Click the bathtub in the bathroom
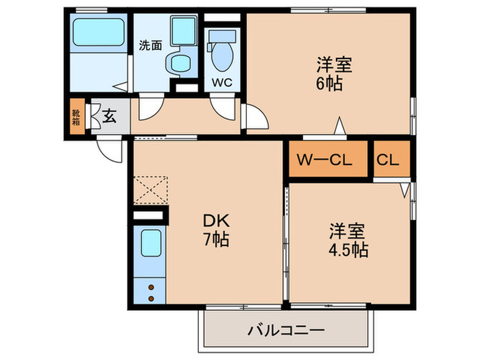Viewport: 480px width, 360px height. (x=98, y=31)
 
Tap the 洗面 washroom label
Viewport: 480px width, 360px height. (x=151, y=45)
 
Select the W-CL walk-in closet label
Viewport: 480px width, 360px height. (x=324, y=160)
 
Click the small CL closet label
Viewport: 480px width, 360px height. (x=387, y=160)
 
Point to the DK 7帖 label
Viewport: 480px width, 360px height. (x=215, y=231)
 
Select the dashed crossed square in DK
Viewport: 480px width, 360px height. (x=150, y=189)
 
